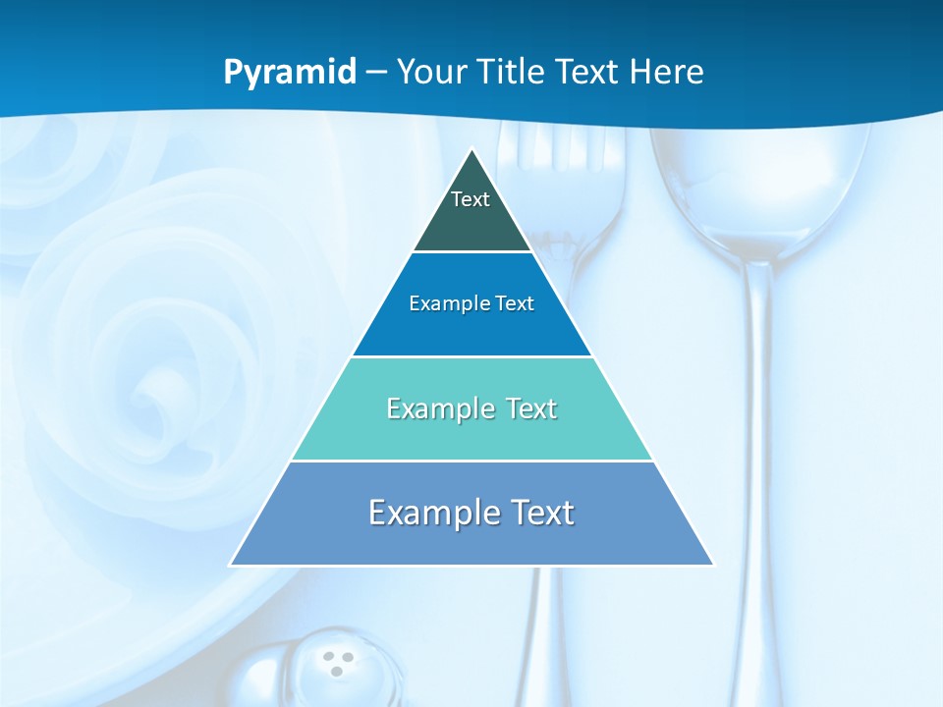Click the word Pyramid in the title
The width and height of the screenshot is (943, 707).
(290, 72)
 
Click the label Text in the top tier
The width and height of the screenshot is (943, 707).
(470, 199)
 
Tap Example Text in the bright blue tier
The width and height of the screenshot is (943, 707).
(471, 303)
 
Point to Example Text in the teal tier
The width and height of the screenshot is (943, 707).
(471, 408)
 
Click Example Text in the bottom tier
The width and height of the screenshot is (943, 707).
(471, 513)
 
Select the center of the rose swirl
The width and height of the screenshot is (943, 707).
(157, 393)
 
